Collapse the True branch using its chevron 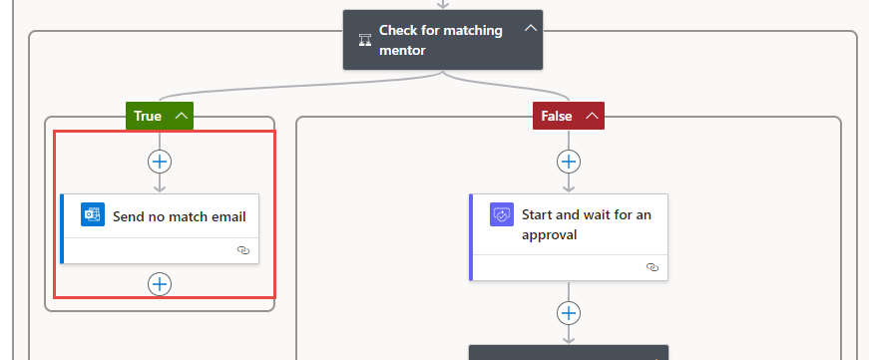click(x=182, y=116)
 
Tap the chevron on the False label click(x=592, y=116)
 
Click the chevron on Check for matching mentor click(x=531, y=28)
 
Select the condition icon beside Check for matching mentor click(x=365, y=41)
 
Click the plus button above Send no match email click(x=160, y=161)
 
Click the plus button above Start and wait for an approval click(x=569, y=161)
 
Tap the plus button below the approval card click(x=569, y=313)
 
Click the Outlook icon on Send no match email click(x=93, y=215)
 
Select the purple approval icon click(x=502, y=215)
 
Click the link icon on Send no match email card click(x=243, y=250)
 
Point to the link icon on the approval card click(x=652, y=267)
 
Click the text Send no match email click(x=179, y=216)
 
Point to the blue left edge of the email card click(x=62, y=228)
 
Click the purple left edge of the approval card click(x=471, y=237)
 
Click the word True click(x=148, y=116)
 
